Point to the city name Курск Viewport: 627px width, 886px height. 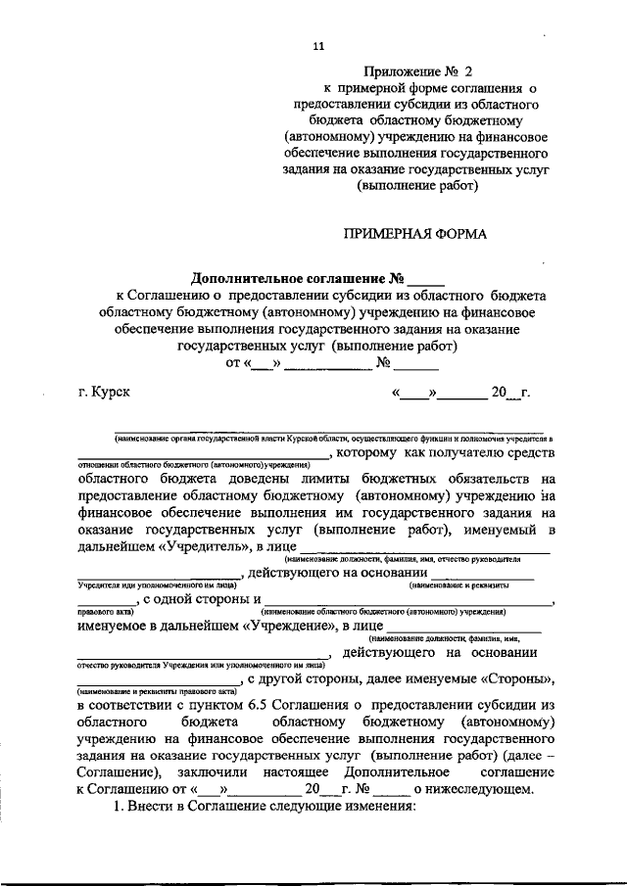click(x=109, y=394)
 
